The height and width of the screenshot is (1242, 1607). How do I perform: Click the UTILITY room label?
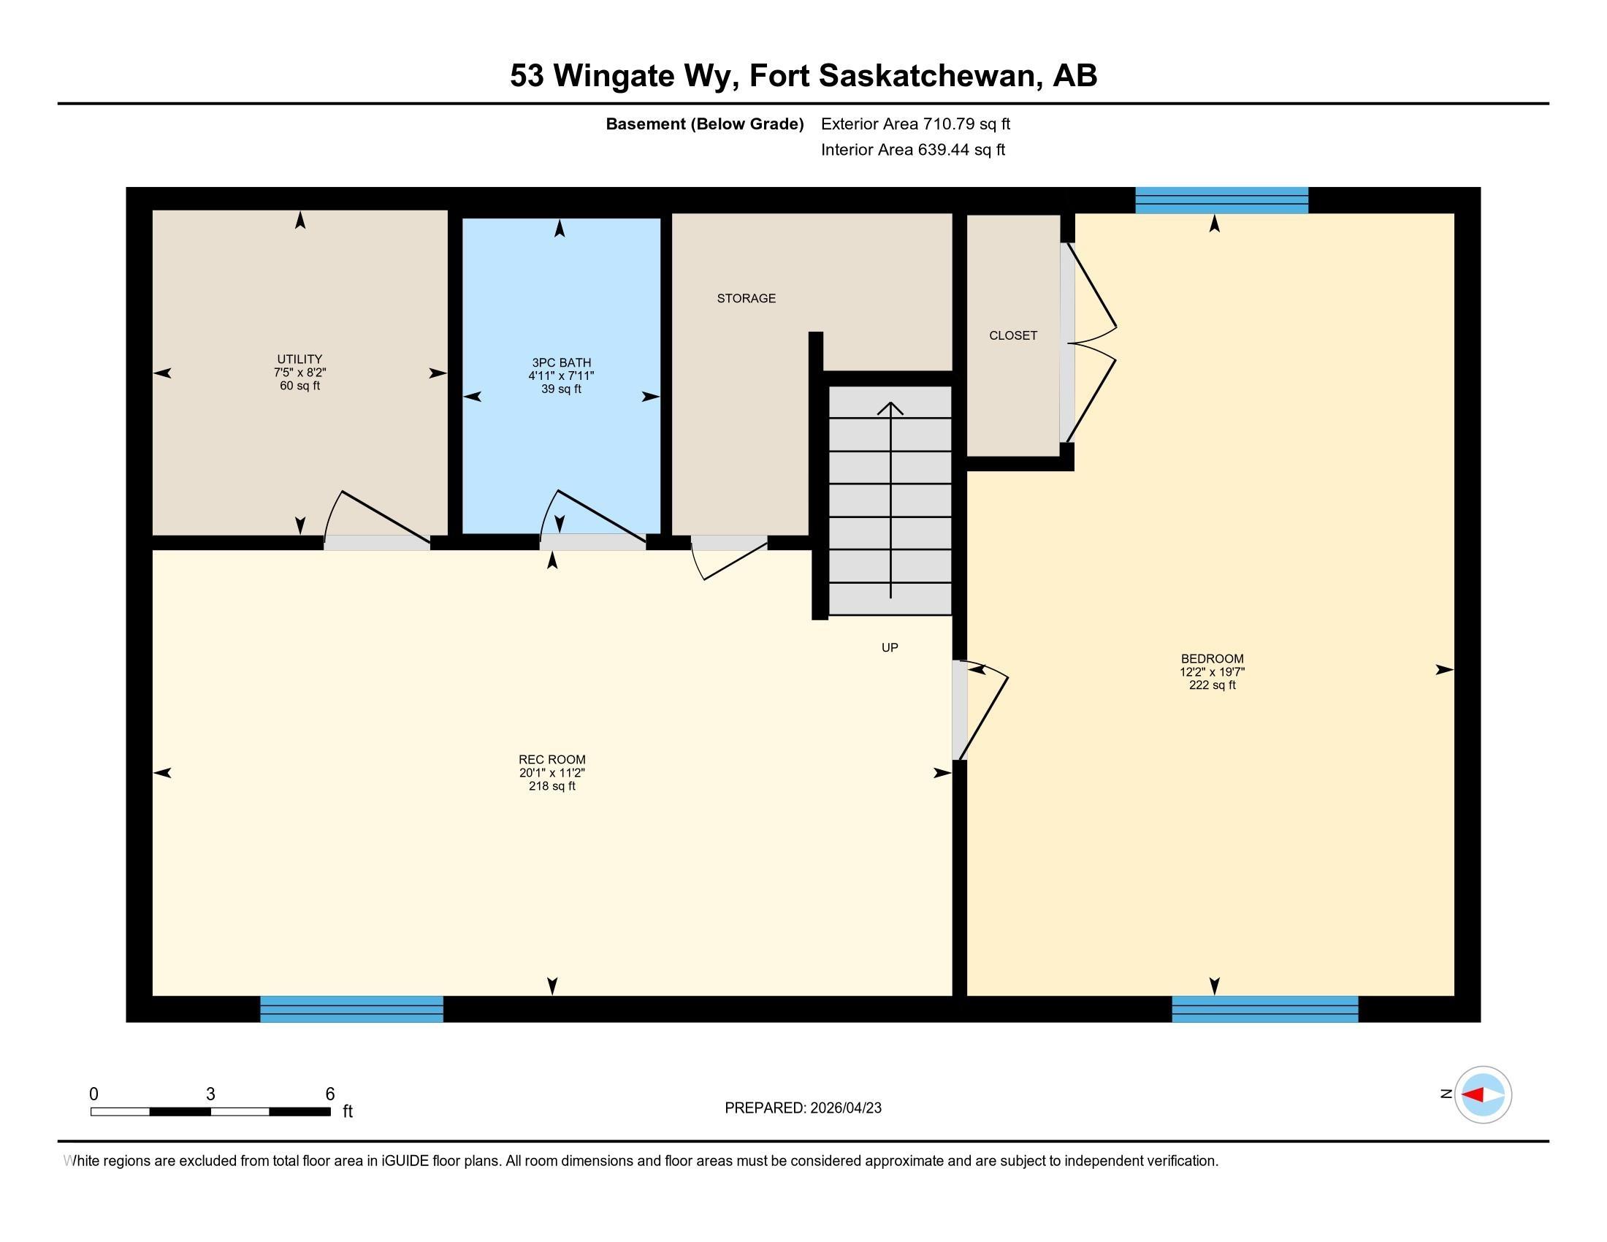pos(299,359)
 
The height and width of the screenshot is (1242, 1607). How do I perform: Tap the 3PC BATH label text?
pos(562,363)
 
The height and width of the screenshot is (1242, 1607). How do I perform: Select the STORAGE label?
pos(746,298)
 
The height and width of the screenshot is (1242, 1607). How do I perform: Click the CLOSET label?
pos(1012,335)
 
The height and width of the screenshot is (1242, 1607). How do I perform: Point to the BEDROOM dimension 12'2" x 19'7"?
pos(1212,671)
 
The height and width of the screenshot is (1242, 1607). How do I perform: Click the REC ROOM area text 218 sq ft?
pos(551,786)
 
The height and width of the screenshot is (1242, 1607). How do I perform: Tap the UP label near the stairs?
pos(890,647)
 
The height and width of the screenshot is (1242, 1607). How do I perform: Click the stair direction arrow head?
pos(890,406)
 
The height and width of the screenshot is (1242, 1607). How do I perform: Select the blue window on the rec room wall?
pos(352,1009)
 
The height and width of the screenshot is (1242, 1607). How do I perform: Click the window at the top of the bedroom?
pos(1221,200)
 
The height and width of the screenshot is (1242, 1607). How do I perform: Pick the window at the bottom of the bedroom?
pos(1264,1009)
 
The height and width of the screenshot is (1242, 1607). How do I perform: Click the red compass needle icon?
pos(1473,1094)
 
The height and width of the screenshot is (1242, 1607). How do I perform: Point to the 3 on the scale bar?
pos(210,1094)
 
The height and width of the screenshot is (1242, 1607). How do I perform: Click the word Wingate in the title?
pos(623,76)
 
